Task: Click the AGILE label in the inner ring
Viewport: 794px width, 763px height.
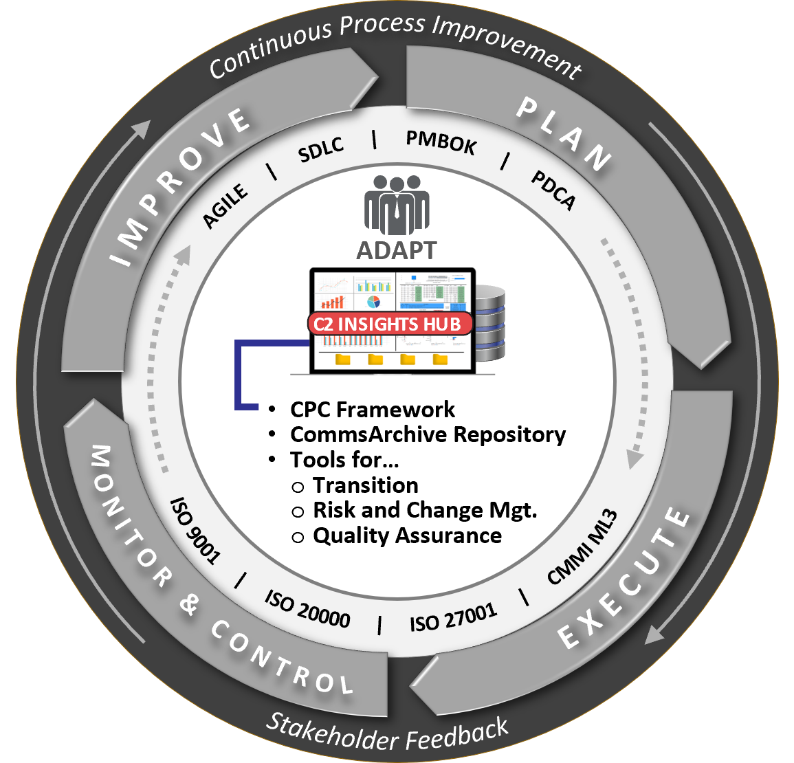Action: click(225, 206)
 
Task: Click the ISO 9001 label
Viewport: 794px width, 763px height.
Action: click(195, 530)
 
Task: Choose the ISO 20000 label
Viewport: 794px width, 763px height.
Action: click(307, 608)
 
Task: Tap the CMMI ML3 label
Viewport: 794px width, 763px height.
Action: click(582, 546)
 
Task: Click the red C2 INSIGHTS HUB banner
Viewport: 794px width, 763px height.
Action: click(390, 324)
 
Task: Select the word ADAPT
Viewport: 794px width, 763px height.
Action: click(397, 251)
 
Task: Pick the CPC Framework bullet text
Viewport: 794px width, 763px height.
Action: click(373, 410)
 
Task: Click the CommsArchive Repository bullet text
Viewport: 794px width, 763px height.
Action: click(428, 434)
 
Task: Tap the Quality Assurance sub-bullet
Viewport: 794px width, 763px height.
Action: click(407, 535)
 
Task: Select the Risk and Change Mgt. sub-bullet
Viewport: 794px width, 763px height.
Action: click(425, 510)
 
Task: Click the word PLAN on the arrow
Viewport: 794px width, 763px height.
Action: click(564, 134)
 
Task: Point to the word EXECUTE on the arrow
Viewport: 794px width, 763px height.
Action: click(624, 579)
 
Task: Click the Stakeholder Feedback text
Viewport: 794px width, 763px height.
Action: click(387, 733)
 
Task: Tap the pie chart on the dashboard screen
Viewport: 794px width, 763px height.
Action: click(374, 302)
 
